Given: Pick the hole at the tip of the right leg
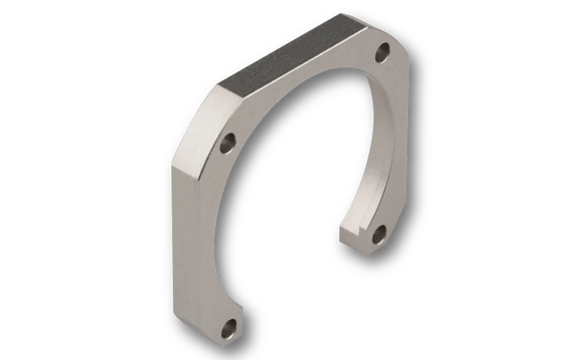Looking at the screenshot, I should pos(378,233).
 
